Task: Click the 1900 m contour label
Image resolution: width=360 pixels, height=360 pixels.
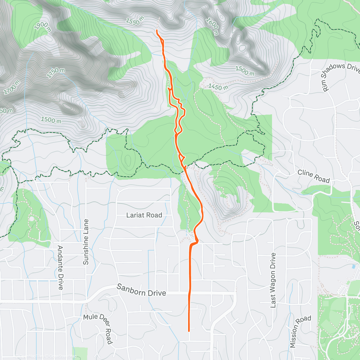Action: click(x=43, y=26)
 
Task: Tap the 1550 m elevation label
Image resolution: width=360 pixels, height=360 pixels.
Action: click(x=135, y=21)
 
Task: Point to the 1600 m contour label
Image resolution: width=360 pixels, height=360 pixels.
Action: click(x=212, y=26)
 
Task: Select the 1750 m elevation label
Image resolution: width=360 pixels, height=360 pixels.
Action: click(x=56, y=73)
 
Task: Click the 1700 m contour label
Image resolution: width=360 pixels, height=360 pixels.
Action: click(x=12, y=87)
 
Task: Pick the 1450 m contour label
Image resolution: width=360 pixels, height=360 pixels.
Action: click(x=218, y=87)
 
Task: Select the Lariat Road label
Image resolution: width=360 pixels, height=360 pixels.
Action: click(x=144, y=215)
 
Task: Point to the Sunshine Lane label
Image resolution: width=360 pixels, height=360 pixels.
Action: click(x=86, y=242)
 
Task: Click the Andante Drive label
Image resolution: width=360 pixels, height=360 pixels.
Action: click(x=60, y=268)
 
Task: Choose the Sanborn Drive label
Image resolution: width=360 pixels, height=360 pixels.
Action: click(x=141, y=290)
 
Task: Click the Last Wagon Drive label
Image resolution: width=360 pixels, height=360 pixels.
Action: click(x=273, y=280)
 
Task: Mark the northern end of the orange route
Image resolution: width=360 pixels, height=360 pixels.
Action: click(x=157, y=30)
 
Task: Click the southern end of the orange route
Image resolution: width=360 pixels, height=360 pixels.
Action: click(x=189, y=331)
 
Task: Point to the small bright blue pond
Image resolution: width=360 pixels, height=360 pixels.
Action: click(x=354, y=266)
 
